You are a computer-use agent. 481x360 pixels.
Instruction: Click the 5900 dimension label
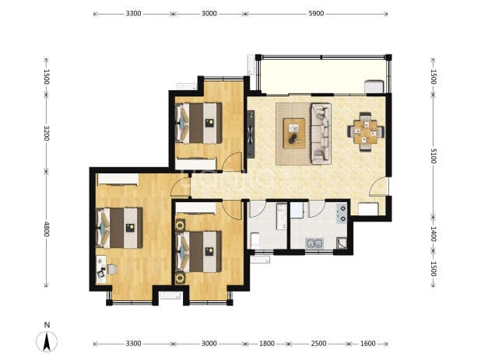(316, 13)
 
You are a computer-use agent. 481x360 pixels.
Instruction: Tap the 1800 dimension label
(267, 344)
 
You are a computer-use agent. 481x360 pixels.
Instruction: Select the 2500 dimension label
(318, 344)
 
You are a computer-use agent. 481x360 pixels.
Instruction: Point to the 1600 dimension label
(367, 344)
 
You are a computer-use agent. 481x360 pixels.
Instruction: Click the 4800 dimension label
(47, 229)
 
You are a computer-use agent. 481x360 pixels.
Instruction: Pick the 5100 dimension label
(434, 156)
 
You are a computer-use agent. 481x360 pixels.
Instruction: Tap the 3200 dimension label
(47, 133)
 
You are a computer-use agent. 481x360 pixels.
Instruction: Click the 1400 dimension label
(434, 234)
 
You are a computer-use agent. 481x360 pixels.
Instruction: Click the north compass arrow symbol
(47, 341)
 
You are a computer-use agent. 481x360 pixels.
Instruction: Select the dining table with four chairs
(365, 132)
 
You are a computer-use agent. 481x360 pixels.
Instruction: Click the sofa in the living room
(321, 133)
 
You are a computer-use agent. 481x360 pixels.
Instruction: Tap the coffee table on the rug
(294, 133)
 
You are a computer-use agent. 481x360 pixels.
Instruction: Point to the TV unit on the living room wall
(251, 135)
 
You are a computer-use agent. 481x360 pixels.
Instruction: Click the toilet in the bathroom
(255, 240)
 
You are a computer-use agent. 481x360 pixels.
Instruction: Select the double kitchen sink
(314, 243)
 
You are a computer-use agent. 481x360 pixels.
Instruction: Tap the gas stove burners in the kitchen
(342, 213)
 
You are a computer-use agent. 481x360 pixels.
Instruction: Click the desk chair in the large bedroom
(111, 270)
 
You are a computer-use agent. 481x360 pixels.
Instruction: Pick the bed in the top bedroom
(198, 123)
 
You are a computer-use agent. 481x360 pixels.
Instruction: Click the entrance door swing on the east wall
(378, 186)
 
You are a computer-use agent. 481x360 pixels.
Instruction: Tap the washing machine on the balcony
(374, 86)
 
